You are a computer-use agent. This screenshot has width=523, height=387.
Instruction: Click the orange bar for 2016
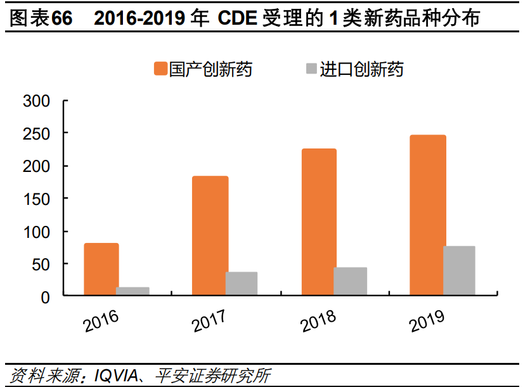(101, 269)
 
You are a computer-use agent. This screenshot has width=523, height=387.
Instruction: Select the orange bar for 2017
(210, 235)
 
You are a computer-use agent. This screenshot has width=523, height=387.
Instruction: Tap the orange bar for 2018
(319, 222)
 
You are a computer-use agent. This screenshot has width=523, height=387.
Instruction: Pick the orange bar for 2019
(428, 215)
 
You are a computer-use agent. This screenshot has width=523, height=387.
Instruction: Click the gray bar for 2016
(133, 291)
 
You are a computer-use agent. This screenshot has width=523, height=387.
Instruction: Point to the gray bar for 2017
(242, 284)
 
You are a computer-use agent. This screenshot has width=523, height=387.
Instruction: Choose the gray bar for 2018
(351, 281)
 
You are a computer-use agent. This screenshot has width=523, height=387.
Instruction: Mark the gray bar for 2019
(460, 270)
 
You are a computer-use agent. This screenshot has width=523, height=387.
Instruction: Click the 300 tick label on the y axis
(36, 101)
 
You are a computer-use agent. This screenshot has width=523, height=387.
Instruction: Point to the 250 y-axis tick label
(36, 133)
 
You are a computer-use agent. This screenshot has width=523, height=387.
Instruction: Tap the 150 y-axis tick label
(36, 199)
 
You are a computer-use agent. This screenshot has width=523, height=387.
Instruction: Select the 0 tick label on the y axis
(45, 296)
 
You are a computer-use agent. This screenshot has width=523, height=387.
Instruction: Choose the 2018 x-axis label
(319, 320)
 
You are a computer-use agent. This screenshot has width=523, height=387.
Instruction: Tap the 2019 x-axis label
(428, 320)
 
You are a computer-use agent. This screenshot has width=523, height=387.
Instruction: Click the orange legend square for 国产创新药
(160, 69)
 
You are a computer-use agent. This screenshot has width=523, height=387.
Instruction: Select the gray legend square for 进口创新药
(311, 69)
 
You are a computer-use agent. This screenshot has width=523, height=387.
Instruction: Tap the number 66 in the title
(62, 18)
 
